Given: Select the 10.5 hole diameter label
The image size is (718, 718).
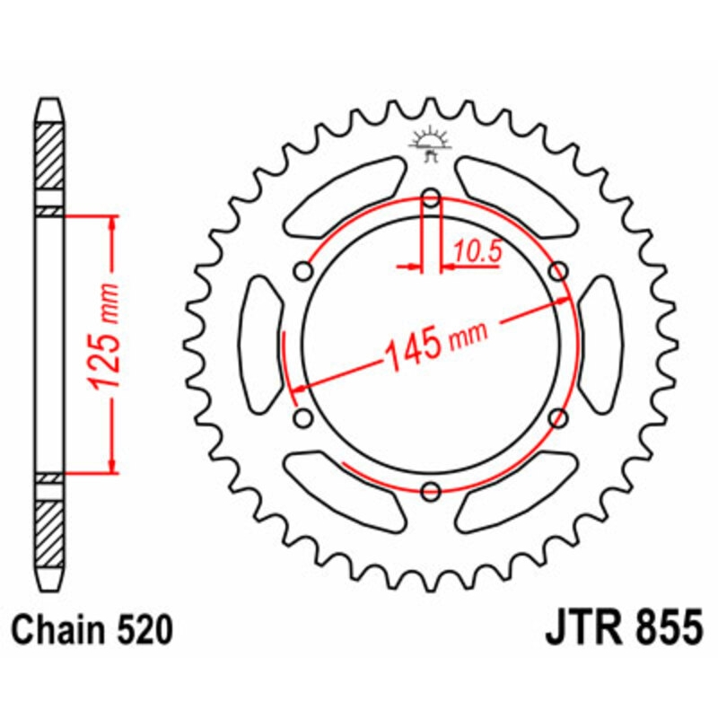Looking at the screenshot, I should (477, 253).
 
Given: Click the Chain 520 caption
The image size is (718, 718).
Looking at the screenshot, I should (92, 631).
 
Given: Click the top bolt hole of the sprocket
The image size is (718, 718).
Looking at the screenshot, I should (431, 198).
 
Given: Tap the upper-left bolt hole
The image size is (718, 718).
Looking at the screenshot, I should (304, 270).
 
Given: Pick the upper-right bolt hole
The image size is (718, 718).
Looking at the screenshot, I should (558, 270).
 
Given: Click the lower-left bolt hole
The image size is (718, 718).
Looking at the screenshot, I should (303, 417).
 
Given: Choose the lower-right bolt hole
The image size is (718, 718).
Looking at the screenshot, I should (558, 417).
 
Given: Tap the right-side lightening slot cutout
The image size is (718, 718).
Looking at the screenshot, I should (600, 345).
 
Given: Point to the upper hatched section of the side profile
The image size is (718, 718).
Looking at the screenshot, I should (49, 155).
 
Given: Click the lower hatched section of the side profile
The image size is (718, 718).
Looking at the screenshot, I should (49, 532).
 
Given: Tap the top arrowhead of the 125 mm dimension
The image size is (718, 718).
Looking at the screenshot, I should (112, 223).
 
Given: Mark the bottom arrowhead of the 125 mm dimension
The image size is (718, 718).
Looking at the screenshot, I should (112, 464).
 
